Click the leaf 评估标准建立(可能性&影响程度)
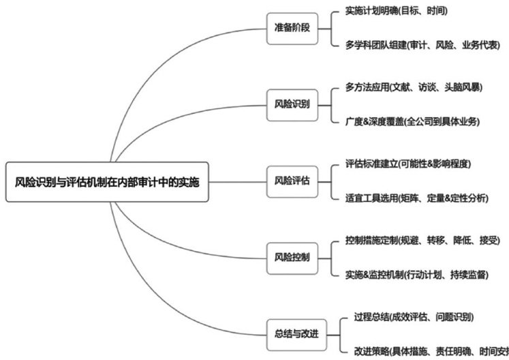pos(408,164)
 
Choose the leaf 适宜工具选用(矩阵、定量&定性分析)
pos(417,198)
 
